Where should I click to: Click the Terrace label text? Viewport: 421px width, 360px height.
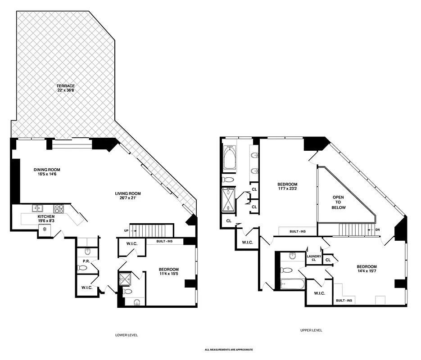(65, 85)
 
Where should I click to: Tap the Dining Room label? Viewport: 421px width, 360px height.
(47, 170)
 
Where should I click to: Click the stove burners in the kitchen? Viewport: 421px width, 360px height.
(59, 208)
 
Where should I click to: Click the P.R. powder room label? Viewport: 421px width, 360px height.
(85, 261)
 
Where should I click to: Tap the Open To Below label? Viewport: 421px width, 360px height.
(339, 202)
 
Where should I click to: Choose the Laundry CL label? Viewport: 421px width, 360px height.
(314, 258)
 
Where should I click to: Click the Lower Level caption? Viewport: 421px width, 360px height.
(127, 335)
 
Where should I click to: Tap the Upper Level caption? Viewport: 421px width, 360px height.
(311, 330)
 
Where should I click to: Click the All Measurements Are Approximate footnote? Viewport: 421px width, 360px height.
(229, 350)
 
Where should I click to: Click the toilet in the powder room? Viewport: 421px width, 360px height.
(82, 268)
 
